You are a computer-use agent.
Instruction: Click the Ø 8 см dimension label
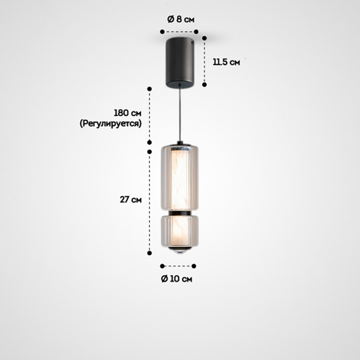coord(181,19)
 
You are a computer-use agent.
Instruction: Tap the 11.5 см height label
coord(226,62)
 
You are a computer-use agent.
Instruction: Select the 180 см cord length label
coord(127,113)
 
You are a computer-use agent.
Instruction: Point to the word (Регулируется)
coord(111,124)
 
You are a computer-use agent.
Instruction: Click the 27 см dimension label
coord(131,199)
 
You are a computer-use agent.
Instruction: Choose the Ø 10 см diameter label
coord(176,279)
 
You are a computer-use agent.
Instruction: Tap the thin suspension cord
coord(179,114)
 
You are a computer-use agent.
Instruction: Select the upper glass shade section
coord(179,178)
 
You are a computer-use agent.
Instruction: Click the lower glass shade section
coord(179,231)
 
